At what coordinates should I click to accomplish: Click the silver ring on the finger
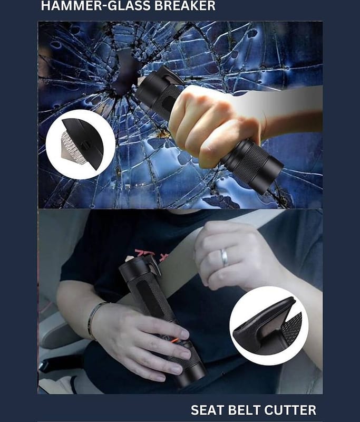point(225,257)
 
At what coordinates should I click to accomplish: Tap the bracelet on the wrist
point(92,320)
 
